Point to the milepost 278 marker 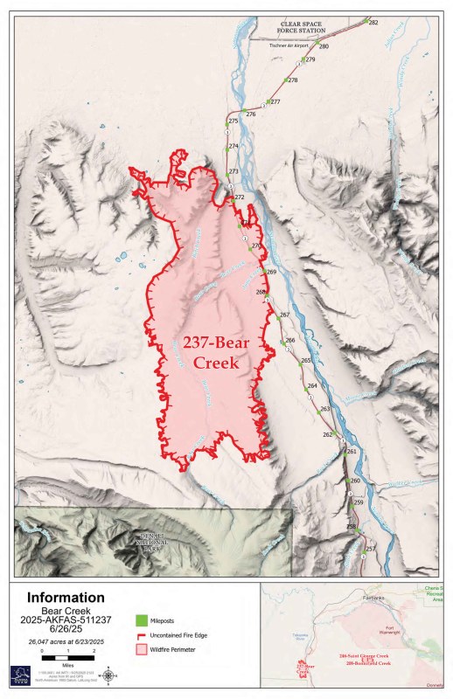pyautogui.click(x=283, y=80)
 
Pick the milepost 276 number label pyautogui.click(x=251, y=114)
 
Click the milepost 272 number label pyautogui.click(x=240, y=198)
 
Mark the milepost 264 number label pyautogui.click(x=312, y=385)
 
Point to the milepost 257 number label pyautogui.click(x=370, y=548)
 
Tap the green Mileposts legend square pyautogui.click(x=141, y=620)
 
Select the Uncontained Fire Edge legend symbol pyautogui.click(x=141, y=635)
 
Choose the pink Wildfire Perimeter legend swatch pyautogui.click(x=141, y=650)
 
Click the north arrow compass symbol pyautogui.click(x=107, y=675)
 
